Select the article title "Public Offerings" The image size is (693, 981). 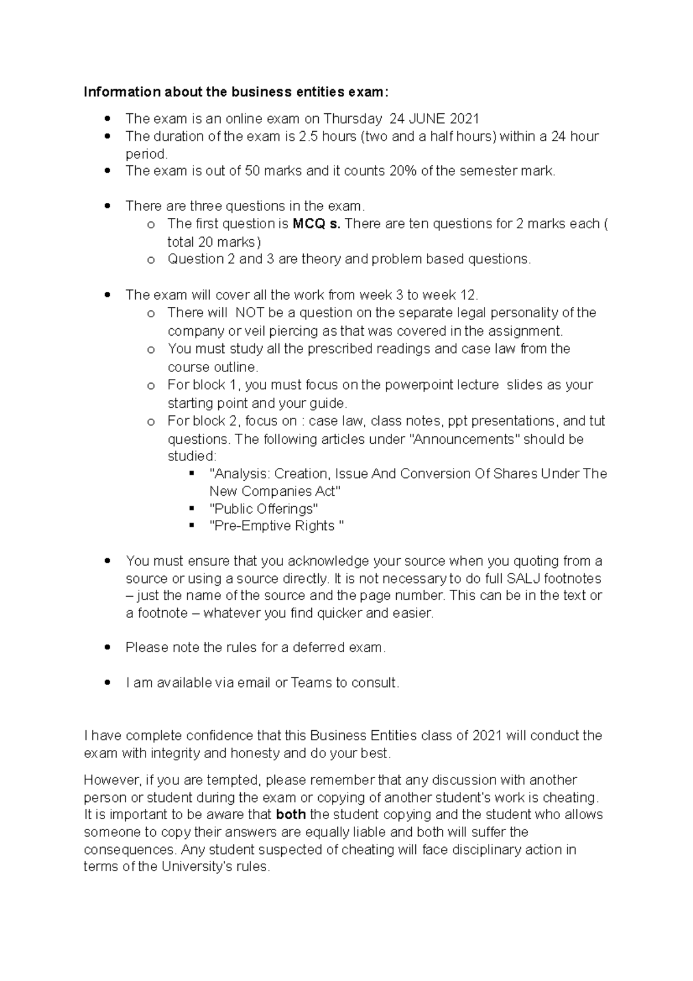pos(264,509)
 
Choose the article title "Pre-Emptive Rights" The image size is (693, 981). pos(276,526)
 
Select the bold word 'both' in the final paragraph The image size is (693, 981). pos(291,815)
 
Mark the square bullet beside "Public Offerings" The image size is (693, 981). pos(192,509)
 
